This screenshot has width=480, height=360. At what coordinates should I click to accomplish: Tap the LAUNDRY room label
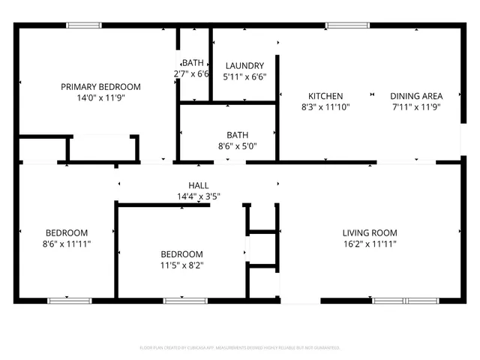[244, 65]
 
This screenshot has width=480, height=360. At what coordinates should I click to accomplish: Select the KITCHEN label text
[325, 96]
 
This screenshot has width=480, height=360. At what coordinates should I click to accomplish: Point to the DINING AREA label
[415, 96]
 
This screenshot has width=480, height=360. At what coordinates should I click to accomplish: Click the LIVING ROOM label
[370, 232]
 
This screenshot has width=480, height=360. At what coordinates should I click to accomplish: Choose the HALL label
[198, 185]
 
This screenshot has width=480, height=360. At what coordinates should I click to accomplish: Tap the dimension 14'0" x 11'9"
[100, 97]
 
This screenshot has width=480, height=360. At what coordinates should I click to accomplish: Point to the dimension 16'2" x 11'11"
[370, 243]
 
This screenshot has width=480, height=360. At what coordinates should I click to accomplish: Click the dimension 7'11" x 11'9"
[415, 106]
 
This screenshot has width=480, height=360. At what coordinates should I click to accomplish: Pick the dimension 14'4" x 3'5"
[198, 196]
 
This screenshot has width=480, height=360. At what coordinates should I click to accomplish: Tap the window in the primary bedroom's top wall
[84, 25]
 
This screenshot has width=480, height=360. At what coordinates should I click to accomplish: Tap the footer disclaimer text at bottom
[240, 348]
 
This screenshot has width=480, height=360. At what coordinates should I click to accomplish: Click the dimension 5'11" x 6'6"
[244, 76]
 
